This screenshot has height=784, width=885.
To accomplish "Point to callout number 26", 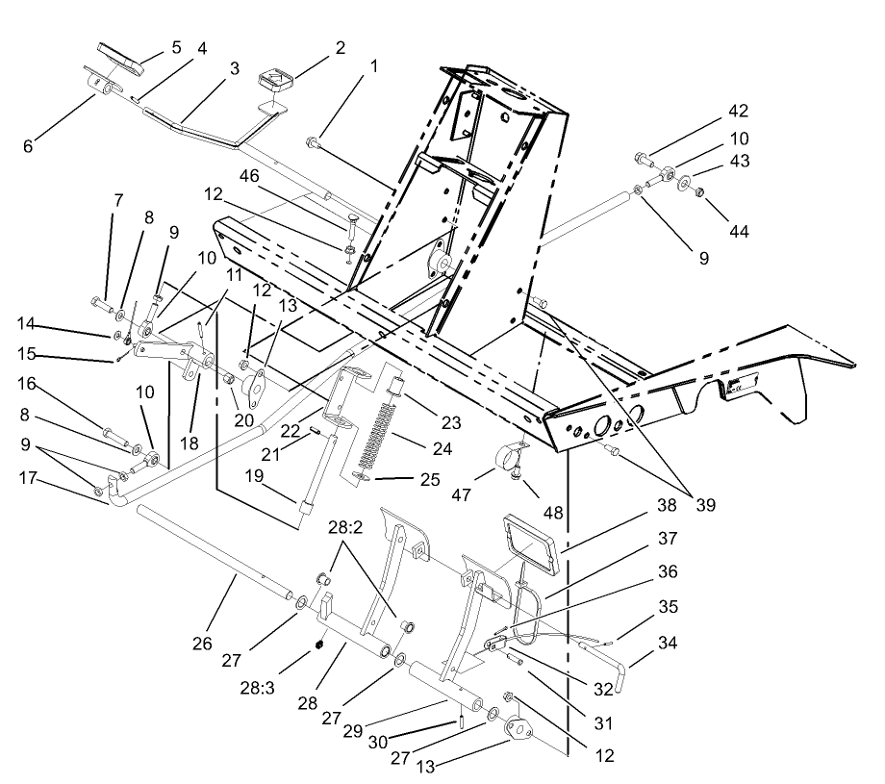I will click(x=202, y=643).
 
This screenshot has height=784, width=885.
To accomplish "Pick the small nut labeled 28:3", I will click(x=316, y=645).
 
